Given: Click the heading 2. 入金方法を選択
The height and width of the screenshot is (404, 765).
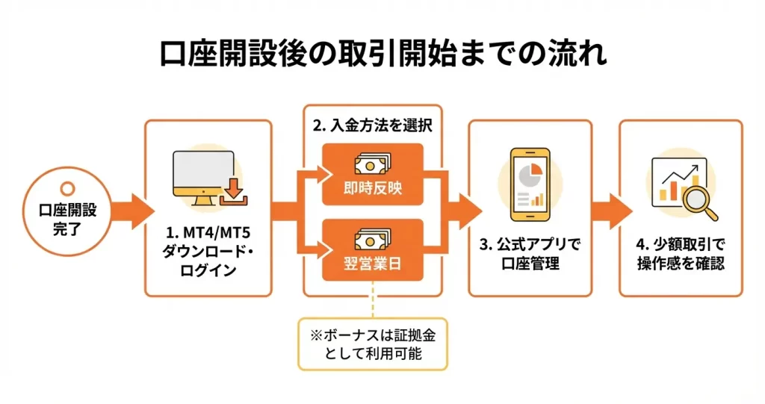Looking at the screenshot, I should (x=373, y=125).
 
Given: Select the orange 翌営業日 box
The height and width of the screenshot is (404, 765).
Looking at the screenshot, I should (x=373, y=250).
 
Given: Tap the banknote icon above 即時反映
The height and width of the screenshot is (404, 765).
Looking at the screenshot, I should (x=373, y=161).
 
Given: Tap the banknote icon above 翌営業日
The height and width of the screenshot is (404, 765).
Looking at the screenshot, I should (x=373, y=237).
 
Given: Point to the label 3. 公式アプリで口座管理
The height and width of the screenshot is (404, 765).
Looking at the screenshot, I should (x=530, y=255).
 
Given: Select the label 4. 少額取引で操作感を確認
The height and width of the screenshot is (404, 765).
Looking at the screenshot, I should (x=681, y=255).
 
